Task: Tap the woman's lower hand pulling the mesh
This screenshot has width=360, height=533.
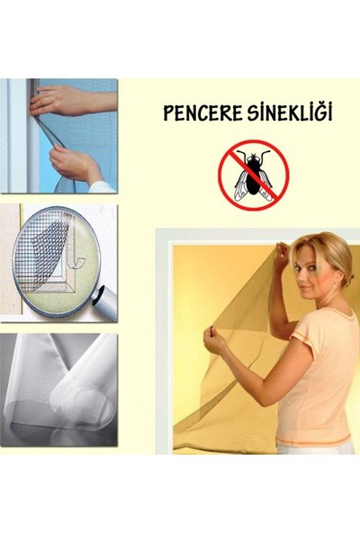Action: coord(215,339)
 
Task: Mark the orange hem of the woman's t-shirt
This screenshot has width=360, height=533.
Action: coord(315,444)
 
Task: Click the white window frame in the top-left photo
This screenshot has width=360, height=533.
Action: coord(13,135)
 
